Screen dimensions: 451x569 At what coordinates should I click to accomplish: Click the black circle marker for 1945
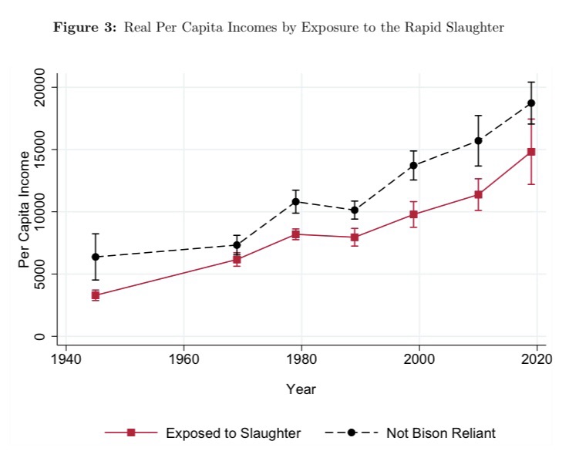(x=96, y=257)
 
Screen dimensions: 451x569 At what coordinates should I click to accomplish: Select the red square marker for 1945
(x=96, y=295)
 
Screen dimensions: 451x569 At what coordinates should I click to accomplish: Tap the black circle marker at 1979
(x=295, y=202)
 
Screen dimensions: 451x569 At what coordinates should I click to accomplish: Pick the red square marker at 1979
(x=295, y=234)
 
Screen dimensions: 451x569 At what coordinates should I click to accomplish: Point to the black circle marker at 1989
(x=355, y=210)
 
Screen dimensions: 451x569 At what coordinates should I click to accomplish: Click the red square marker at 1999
(x=413, y=214)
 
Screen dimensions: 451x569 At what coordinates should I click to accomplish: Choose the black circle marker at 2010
(x=478, y=140)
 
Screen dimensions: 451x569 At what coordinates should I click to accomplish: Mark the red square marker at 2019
(x=531, y=152)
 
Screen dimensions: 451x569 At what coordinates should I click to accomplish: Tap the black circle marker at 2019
(x=531, y=103)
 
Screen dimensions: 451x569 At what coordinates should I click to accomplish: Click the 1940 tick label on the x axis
(x=66, y=360)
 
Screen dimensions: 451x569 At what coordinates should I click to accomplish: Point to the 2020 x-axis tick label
(x=537, y=360)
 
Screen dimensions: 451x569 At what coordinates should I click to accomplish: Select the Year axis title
(x=301, y=389)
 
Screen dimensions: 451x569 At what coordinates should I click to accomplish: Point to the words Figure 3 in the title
(x=79, y=29)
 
